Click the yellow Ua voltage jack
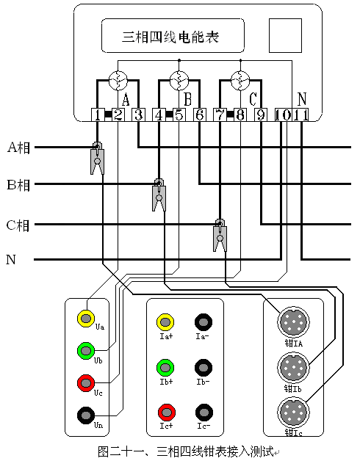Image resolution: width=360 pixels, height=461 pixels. (x=86, y=319)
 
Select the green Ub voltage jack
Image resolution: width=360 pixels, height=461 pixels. (x=86, y=351)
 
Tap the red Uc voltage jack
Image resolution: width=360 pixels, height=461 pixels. (x=86, y=382)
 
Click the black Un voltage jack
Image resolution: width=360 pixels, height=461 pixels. (x=86, y=415)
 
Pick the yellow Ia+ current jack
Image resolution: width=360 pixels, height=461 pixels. (x=165, y=322)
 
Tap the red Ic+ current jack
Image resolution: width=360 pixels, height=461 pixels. (x=165, y=411)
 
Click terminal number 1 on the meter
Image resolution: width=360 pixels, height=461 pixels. (x=98, y=115)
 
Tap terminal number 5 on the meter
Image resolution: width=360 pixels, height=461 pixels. (x=179, y=115)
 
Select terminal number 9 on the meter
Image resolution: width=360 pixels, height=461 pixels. (x=260, y=115)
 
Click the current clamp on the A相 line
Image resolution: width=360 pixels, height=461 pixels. (x=97, y=157)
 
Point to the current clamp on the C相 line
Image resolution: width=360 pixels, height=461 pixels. (x=219, y=235)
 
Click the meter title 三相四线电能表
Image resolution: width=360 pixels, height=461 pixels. (x=170, y=36)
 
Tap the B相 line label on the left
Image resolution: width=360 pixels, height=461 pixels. (x=18, y=184)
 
